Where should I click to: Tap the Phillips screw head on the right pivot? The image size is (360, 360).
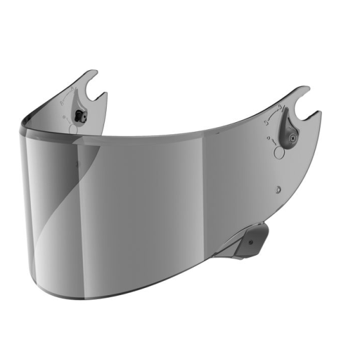(x=287, y=136)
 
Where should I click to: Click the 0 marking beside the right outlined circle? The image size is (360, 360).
(x=267, y=138)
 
